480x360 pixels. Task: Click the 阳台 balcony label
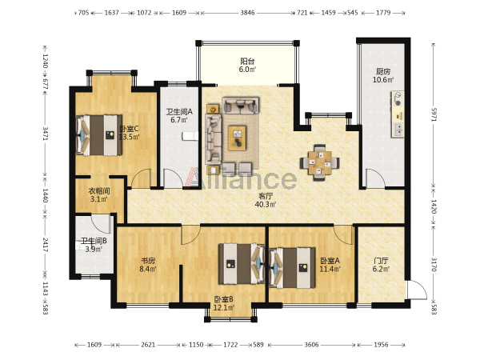pos(247,62)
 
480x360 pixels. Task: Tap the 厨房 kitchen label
pos(383,72)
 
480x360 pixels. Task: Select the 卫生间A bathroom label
pos(179,112)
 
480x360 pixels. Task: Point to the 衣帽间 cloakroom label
pos(99,191)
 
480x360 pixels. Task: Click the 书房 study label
pos(148,261)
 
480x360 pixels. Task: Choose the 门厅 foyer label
pos(381,261)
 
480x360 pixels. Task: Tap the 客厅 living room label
pos(266,196)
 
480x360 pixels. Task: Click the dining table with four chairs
pos(319,162)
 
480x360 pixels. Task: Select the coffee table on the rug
pos(237,138)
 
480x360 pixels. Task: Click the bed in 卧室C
pos(99,135)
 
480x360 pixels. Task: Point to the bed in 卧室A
pos(292,268)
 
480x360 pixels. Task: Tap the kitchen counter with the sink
pos(398,114)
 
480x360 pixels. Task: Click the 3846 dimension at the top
pos(247,13)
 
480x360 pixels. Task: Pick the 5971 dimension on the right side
pos(434,114)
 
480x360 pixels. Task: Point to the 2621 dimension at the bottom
pos(148,345)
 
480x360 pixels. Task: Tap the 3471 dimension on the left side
pos(45,134)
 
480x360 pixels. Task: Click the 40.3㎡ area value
pos(266,204)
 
